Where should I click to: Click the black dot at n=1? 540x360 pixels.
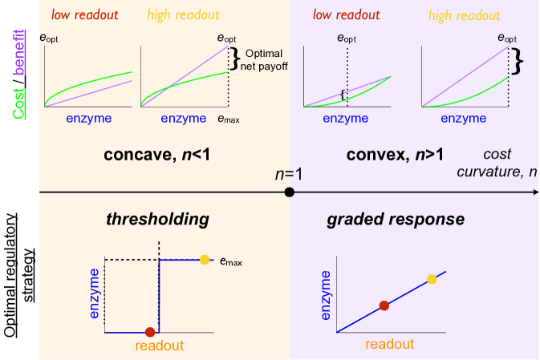pyautogui.click(x=290, y=192)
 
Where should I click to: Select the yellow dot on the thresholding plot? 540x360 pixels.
pyautogui.click(x=205, y=259)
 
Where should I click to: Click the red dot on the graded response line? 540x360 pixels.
pyautogui.click(x=384, y=305)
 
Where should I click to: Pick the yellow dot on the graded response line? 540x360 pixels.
pyautogui.click(x=432, y=279)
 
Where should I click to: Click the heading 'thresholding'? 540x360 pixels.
pyautogui.click(x=157, y=219)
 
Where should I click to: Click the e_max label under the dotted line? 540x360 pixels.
pyautogui.click(x=229, y=119)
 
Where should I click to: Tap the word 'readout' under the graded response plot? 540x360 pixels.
pyautogui.click(x=389, y=345)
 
